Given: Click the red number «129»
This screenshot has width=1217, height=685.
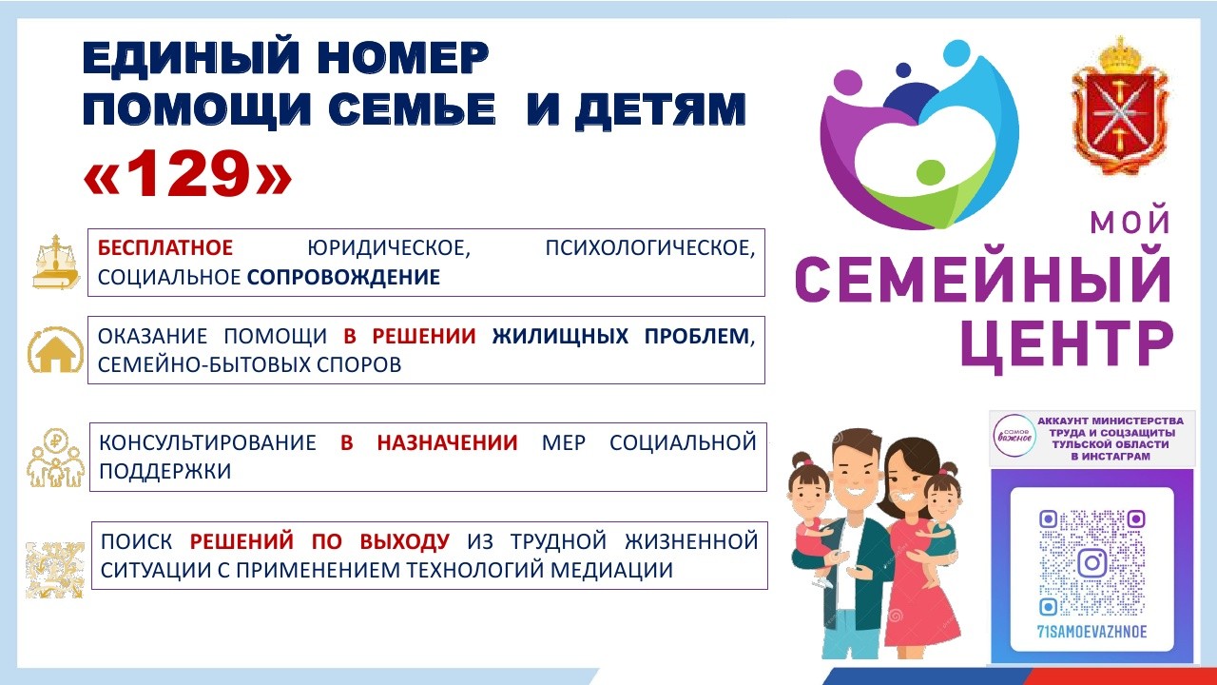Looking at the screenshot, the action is coord(188,174).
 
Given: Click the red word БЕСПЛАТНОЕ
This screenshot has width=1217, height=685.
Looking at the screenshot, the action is coord(165,248).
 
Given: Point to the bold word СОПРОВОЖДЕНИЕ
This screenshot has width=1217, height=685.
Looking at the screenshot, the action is coord(344,277).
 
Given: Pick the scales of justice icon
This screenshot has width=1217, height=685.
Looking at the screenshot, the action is coord(56,262).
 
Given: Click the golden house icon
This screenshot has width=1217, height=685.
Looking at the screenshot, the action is coord(56,350).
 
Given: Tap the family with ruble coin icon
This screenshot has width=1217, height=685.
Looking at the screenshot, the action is coord(56,458).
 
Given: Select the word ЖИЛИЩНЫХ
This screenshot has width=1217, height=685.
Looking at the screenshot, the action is coord(560,336).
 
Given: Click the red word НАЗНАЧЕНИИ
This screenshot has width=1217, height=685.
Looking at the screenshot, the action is coord(447,442).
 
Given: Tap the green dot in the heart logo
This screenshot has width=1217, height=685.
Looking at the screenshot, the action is coord(931,172).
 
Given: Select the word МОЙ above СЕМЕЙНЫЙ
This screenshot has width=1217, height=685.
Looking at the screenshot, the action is coord(1130,223).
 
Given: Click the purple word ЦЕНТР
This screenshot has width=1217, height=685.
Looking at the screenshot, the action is coord(1068,347).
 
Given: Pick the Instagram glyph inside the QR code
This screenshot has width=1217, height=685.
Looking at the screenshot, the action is coord(1092,562).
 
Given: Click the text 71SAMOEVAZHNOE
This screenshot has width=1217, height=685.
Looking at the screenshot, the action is coord(1092,632).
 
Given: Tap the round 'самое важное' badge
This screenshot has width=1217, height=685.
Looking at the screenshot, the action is coord(1014,436).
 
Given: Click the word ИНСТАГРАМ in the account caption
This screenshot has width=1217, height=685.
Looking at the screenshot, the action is coord(1111,456).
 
